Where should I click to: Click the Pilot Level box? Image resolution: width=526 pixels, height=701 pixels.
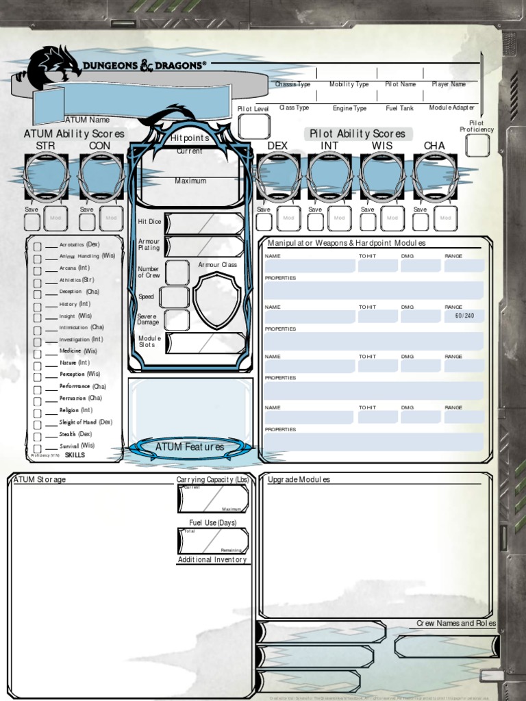(x=253, y=127)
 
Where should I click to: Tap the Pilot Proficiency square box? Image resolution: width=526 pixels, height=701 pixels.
(x=477, y=145)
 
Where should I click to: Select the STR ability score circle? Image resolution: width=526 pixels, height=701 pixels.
(x=46, y=177)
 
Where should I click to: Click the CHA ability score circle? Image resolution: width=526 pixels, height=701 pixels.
(x=434, y=177)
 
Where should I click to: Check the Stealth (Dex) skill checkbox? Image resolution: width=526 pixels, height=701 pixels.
(x=38, y=435)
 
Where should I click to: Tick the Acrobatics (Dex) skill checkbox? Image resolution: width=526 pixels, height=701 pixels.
(x=38, y=245)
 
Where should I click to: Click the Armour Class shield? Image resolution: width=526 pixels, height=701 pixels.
(x=216, y=301)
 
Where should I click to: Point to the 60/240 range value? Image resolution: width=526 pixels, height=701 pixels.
(x=464, y=316)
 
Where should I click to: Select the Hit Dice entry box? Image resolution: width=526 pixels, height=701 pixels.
(x=204, y=223)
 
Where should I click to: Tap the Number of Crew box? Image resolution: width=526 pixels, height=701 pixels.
(x=177, y=272)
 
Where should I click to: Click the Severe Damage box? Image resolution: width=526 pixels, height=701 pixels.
(x=177, y=320)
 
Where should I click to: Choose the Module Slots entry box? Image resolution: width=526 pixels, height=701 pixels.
(x=205, y=343)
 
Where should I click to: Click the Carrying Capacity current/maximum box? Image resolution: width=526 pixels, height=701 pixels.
(x=212, y=498)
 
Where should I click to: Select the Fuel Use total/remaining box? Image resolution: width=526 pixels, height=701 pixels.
(x=212, y=540)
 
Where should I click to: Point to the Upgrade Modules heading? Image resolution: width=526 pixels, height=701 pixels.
(x=299, y=480)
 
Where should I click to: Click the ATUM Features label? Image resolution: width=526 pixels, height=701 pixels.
(x=190, y=447)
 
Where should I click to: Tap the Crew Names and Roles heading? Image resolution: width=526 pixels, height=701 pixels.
(x=456, y=624)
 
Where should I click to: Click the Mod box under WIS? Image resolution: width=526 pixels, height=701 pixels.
(x=392, y=218)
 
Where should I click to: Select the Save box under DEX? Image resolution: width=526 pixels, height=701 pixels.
(x=264, y=222)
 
